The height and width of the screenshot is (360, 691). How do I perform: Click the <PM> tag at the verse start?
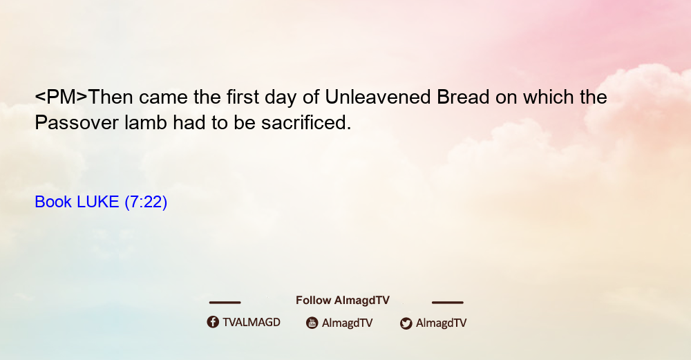point(61,97)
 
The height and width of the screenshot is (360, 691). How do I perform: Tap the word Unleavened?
point(378,97)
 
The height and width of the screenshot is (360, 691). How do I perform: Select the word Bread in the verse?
point(463,97)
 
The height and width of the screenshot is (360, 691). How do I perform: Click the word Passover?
point(77,122)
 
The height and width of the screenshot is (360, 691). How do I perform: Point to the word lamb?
point(146,122)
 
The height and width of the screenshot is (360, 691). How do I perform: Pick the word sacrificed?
point(306,122)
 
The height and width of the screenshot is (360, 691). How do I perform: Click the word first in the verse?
point(243,97)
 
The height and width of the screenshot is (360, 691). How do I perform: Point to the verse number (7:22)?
point(146,202)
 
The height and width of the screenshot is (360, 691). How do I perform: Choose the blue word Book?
point(53,202)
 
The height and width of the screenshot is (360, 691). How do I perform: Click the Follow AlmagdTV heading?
point(343,300)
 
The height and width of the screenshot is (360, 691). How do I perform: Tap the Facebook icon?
point(213,322)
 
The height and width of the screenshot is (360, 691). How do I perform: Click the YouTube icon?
point(312,323)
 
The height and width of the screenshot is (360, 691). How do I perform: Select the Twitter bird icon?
point(406,323)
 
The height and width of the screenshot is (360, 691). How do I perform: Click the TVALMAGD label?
point(252,322)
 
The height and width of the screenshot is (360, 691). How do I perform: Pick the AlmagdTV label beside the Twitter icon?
point(441,323)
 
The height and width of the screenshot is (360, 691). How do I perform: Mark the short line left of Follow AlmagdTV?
point(225,303)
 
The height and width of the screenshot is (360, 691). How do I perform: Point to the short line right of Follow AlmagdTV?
point(448,303)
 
